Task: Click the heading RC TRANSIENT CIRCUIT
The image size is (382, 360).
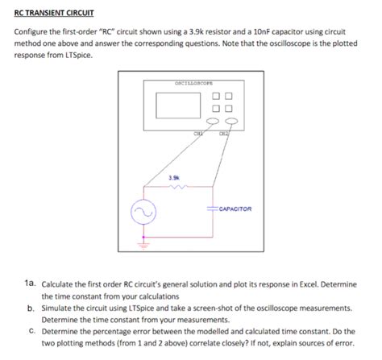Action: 53,13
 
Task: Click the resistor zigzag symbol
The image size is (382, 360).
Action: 176,188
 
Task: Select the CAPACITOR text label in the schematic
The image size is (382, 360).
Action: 235,208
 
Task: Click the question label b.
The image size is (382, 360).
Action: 30,308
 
